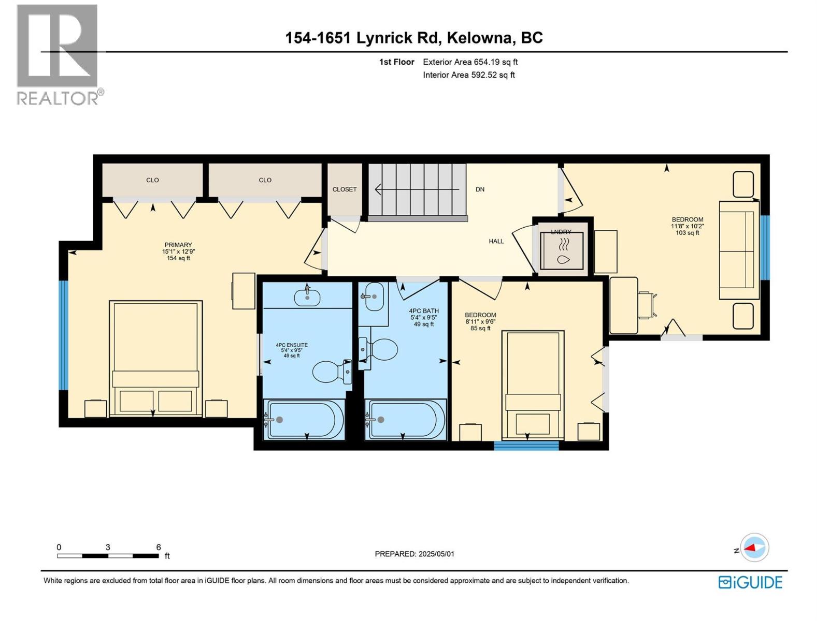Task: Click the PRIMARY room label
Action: click(178, 245)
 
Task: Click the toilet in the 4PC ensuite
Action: click(330, 371)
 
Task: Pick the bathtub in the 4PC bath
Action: click(405, 419)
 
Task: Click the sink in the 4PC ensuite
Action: click(307, 297)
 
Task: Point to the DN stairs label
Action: click(480, 189)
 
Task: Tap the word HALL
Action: click(496, 241)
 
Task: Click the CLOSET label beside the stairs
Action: click(345, 189)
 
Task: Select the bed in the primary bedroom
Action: click(155, 358)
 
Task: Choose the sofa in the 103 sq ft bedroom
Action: click(739, 250)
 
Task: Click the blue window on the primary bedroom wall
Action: click(63, 335)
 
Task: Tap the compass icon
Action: click(754, 548)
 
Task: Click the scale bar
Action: click(108, 556)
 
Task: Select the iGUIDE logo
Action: click(750, 582)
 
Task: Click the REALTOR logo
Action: click(58, 54)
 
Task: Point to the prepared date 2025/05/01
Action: click(414, 554)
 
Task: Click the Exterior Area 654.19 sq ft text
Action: click(470, 62)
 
